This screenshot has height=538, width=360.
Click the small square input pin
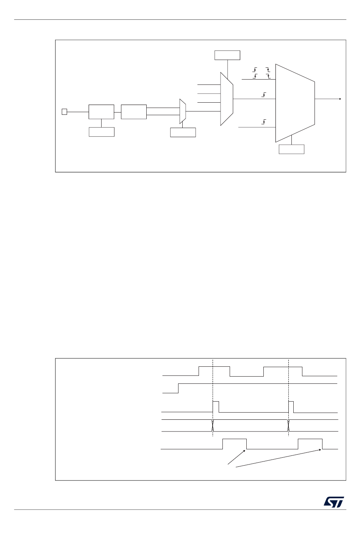pyautogui.click(x=64, y=112)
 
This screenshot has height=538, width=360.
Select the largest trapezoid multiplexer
pyautogui.click(x=295, y=103)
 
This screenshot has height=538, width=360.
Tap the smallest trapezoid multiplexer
pyautogui.click(x=183, y=111)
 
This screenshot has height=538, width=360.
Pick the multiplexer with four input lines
pyautogui.click(x=227, y=99)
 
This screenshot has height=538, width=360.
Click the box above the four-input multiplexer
pyautogui.click(x=227, y=55)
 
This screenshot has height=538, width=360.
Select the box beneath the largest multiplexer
pyautogui.click(x=291, y=149)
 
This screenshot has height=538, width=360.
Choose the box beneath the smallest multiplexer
pyautogui.click(x=183, y=132)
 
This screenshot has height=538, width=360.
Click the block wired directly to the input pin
pyautogui.click(x=101, y=112)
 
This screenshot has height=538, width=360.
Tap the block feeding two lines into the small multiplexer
pyautogui.click(x=134, y=112)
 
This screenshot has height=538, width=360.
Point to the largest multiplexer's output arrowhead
pyautogui.click(x=340, y=99)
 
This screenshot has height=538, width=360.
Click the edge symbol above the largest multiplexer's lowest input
pyautogui.click(x=264, y=122)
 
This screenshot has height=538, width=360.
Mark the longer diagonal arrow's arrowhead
pyautogui.click(x=322, y=449)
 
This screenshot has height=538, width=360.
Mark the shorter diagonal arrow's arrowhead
pyautogui.click(x=245, y=450)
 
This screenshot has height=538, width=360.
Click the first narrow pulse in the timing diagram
pyautogui.click(x=216, y=407)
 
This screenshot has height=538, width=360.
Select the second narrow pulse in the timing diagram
pyautogui.click(x=291, y=407)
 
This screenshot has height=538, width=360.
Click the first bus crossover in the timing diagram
pyautogui.click(x=213, y=425)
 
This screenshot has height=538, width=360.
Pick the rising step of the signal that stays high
pyautogui.click(x=178, y=388)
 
